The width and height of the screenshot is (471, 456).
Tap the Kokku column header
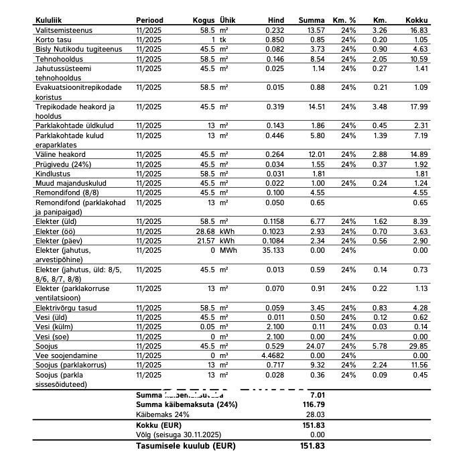pos(417,21)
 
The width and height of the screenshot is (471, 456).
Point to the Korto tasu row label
pos(53,40)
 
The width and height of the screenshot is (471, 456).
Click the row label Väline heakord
pos(60,154)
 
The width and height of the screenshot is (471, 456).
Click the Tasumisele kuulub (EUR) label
pos(185,445)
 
